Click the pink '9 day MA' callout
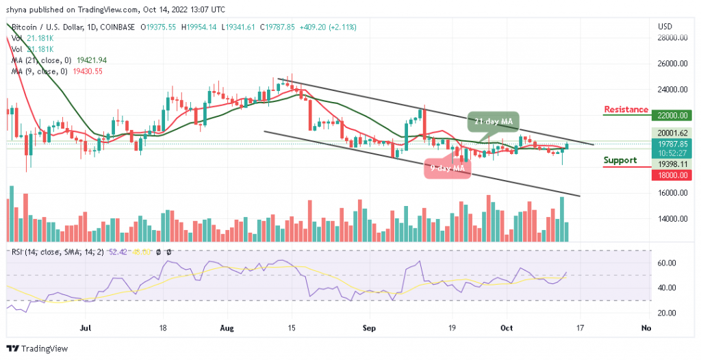[448, 168]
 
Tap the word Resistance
[626, 110]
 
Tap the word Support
[620, 160]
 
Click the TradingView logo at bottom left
[38, 348]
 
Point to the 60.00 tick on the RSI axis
[667, 263]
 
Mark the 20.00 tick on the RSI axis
[667, 313]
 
